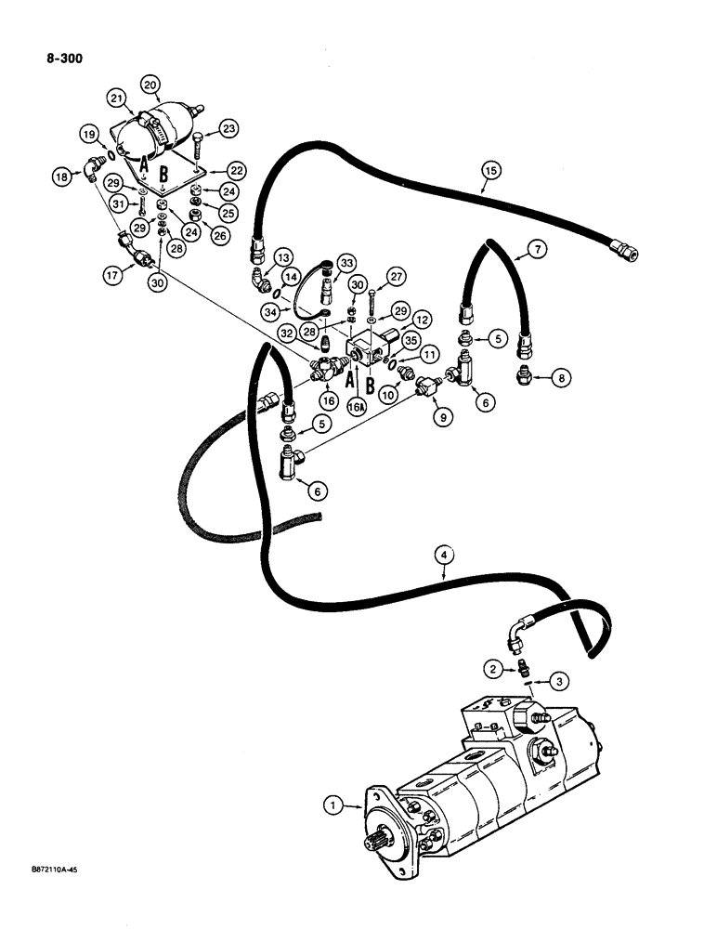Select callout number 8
(x=563, y=378)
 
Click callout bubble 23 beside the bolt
(x=228, y=129)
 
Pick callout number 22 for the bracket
(x=238, y=171)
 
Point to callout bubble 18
(x=61, y=176)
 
